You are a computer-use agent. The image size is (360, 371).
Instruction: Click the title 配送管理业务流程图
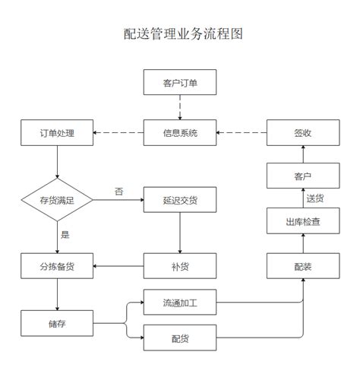[x=180, y=34]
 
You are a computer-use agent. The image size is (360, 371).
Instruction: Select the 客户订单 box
[x=180, y=83]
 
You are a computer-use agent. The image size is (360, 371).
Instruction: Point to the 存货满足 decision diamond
[x=57, y=201]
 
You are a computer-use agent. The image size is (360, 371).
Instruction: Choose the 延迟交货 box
[x=180, y=201]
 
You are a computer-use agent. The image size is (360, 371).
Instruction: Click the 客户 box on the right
[x=302, y=177]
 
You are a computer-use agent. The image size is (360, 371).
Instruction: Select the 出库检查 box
[x=302, y=222]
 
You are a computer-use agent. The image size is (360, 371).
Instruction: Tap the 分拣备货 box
[x=57, y=266]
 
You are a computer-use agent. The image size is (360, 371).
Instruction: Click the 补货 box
[x=180, y=266]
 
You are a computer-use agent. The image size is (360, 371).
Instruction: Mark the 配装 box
[x=302, y=266]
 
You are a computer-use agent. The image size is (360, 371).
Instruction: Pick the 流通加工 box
[x=180, y=303]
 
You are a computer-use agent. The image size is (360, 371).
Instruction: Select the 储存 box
[x=57, y=325]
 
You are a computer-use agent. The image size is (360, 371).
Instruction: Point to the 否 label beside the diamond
[x=118, y=191]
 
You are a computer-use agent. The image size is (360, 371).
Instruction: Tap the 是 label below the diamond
[x=65, y=234]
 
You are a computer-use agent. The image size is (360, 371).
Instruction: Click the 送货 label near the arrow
[x=315, y=199]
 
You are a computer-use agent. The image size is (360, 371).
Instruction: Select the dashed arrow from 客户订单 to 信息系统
[x=180, y=107]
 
